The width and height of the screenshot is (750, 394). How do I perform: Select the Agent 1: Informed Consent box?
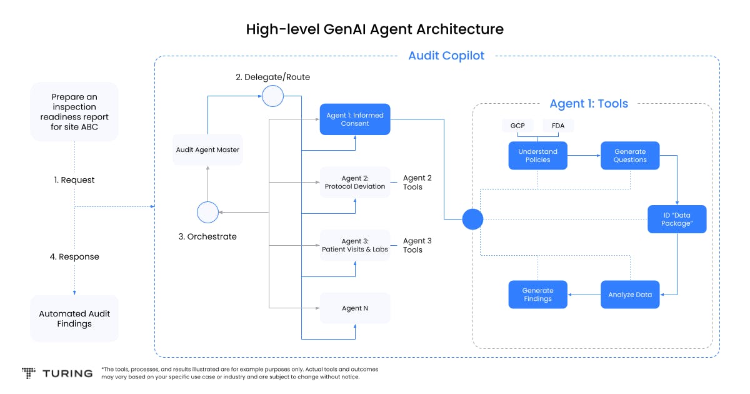click(x=355, y=119)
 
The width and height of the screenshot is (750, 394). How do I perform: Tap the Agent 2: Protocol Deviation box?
click(x=355, y=182)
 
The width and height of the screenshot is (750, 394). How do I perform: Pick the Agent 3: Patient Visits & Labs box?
click(x=355, y=245)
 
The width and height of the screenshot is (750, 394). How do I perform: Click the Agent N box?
click(x=355, y=308)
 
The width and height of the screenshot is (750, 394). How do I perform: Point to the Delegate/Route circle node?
click(x=272, y=96)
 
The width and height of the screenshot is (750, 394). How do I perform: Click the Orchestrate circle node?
click(x=207, y=213)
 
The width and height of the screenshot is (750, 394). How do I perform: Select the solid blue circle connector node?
click(x=472, y=220)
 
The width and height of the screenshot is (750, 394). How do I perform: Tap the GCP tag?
click(x=517, y=126)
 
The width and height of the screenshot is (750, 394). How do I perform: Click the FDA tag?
click(x=557, y=126)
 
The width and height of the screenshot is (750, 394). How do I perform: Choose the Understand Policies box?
click(x=537, y=156)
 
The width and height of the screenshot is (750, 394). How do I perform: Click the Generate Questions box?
click(x=630, y=156)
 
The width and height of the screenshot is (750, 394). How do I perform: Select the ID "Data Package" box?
click(x=676, y=220)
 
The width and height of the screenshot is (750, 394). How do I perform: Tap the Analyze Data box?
click(x=630, y=295)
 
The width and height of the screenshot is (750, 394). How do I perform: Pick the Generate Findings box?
click(x=537, y=295)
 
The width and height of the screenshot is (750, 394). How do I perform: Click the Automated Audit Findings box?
click(x=74, y=318)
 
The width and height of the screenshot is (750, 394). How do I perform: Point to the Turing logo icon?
click(x=29, y=373)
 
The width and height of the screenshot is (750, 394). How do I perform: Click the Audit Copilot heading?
click(x=446, y=56)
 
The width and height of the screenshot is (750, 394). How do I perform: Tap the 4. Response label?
click(x=74, y=256)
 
